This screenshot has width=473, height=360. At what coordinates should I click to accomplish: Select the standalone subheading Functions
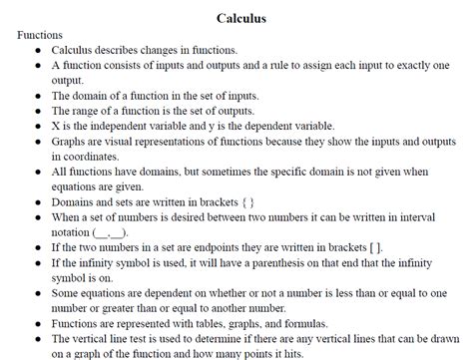point(40,34)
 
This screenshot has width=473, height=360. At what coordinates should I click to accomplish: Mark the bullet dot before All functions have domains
point(37,172)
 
